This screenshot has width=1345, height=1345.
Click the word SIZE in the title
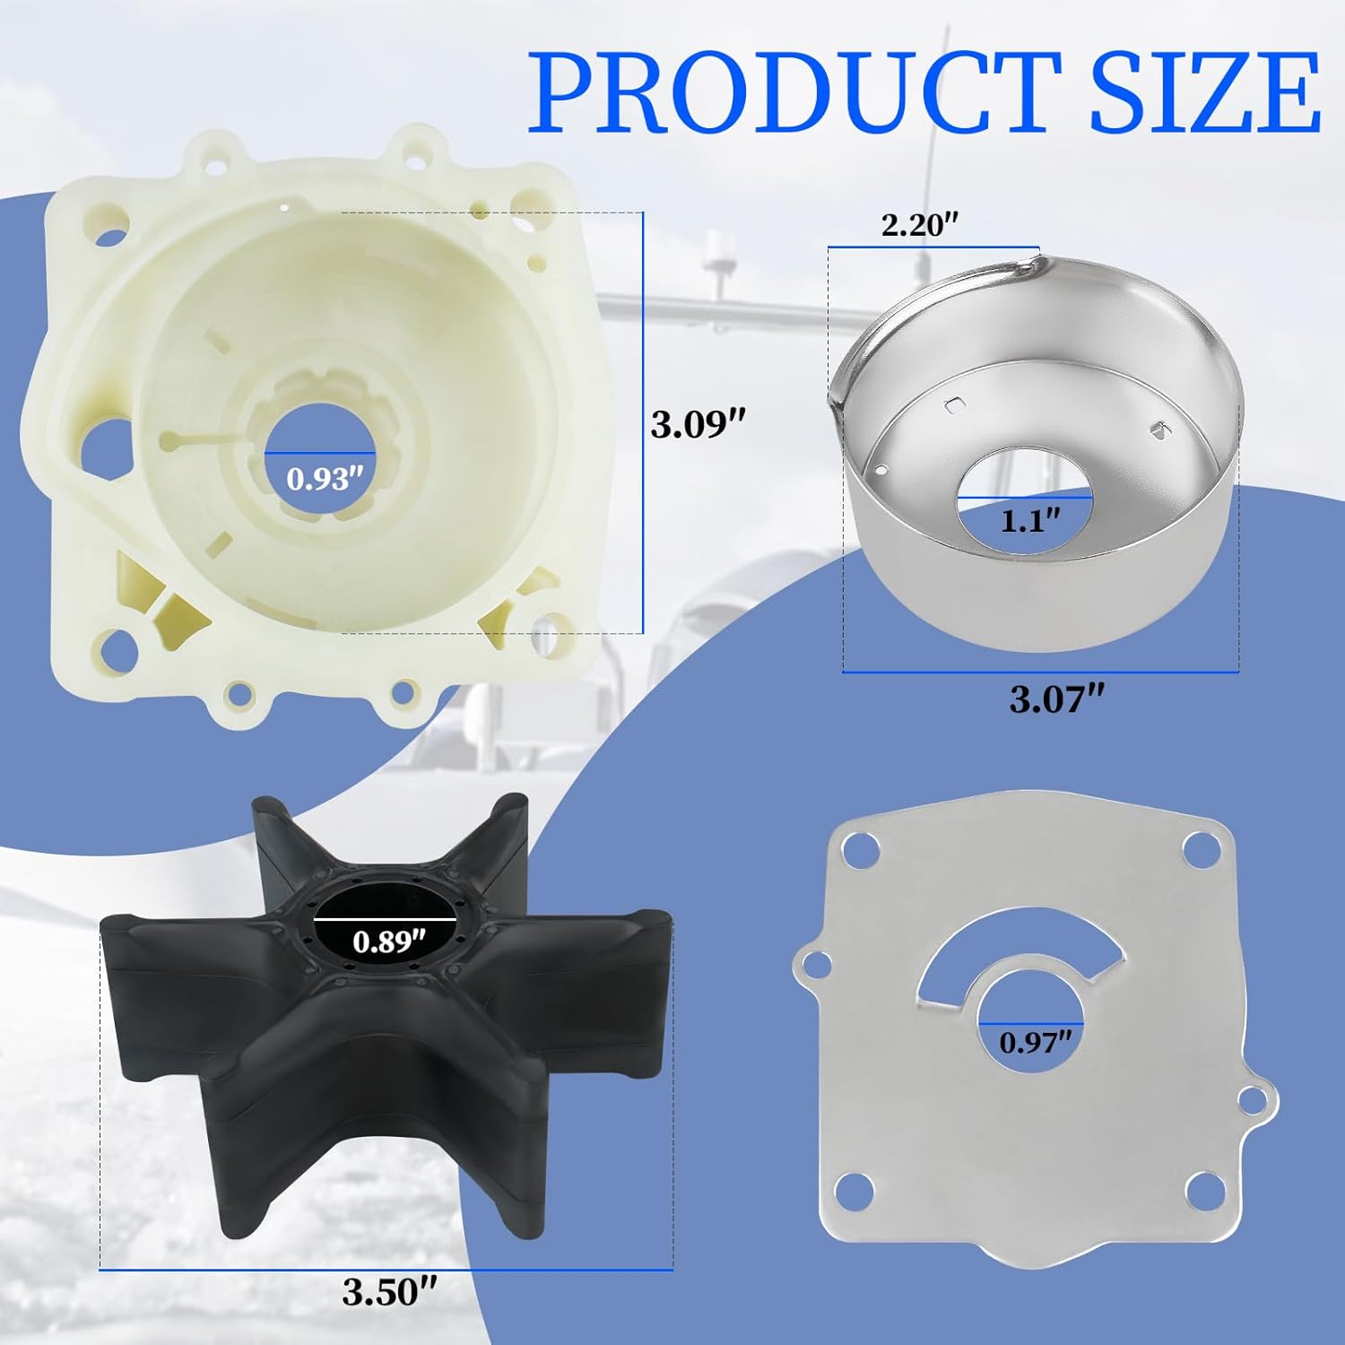point(1203,91)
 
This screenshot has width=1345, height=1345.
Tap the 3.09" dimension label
point(699,423)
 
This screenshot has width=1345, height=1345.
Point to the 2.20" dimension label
point(920,224)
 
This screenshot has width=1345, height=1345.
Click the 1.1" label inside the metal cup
point(1030,520)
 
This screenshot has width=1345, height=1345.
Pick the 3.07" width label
point(1057,699)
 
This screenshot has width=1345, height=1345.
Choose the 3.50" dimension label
point(389,1291)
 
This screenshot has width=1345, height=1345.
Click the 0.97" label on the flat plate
point(1036,1042)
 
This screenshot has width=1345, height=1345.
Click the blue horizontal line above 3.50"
point(386,1270)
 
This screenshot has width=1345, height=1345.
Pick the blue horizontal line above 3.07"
point(1040,672)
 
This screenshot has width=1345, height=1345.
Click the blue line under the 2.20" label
point(933,246)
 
